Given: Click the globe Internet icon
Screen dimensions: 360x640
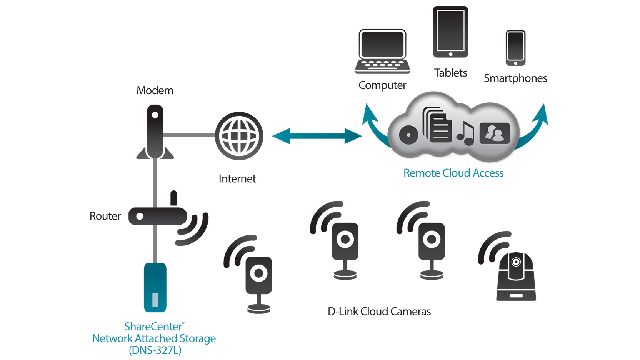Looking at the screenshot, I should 239,136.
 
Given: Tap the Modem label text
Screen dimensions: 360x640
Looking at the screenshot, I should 155,90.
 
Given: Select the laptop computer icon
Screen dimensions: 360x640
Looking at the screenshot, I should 382,51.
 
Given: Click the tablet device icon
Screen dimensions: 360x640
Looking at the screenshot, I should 450,32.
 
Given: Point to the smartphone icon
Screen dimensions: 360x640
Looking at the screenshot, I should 515,48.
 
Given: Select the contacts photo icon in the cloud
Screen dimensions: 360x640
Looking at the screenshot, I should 495,133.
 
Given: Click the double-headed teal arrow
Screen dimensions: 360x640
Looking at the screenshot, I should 317,136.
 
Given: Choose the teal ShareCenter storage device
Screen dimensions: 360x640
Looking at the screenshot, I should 155,287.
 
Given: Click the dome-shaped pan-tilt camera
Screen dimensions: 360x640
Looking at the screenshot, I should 516,276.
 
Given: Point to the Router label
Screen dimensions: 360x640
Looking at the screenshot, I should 105,216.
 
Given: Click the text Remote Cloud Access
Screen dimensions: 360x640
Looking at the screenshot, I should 453,173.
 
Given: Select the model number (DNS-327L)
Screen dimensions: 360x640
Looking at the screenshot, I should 155,350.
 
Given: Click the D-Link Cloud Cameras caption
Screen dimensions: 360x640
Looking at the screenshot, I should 379,312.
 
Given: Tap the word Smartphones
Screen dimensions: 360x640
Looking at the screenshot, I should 515,78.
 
